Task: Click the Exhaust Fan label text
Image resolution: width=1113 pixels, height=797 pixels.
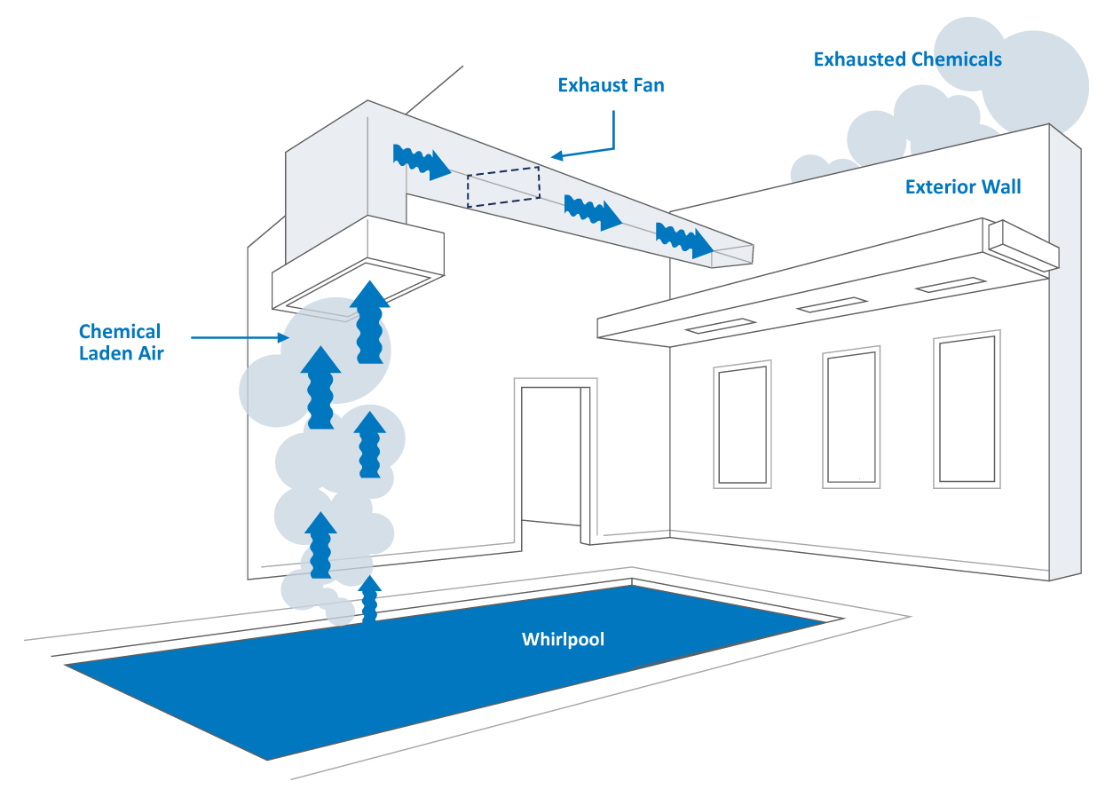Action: pos(611,86)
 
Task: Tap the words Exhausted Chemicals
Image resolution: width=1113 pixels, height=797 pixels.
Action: pos(907,59)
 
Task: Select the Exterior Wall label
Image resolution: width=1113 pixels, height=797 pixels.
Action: pos(962,187)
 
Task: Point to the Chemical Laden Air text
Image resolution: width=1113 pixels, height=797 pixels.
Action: pos(120,343)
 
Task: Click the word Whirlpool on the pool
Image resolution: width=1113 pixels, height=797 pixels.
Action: pos(563,639)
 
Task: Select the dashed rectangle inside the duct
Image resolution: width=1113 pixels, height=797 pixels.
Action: pos(503,187)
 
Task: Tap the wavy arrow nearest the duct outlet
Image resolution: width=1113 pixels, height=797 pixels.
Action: pos(683,240)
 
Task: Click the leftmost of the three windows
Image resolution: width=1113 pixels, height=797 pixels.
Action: pos(742,425)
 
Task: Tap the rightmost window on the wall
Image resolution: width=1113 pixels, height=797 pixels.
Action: pos(967,409)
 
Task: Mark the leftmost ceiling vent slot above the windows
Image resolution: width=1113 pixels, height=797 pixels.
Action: pos(721,326)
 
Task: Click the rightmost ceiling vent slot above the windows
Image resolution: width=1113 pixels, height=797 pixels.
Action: pos(950,285)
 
